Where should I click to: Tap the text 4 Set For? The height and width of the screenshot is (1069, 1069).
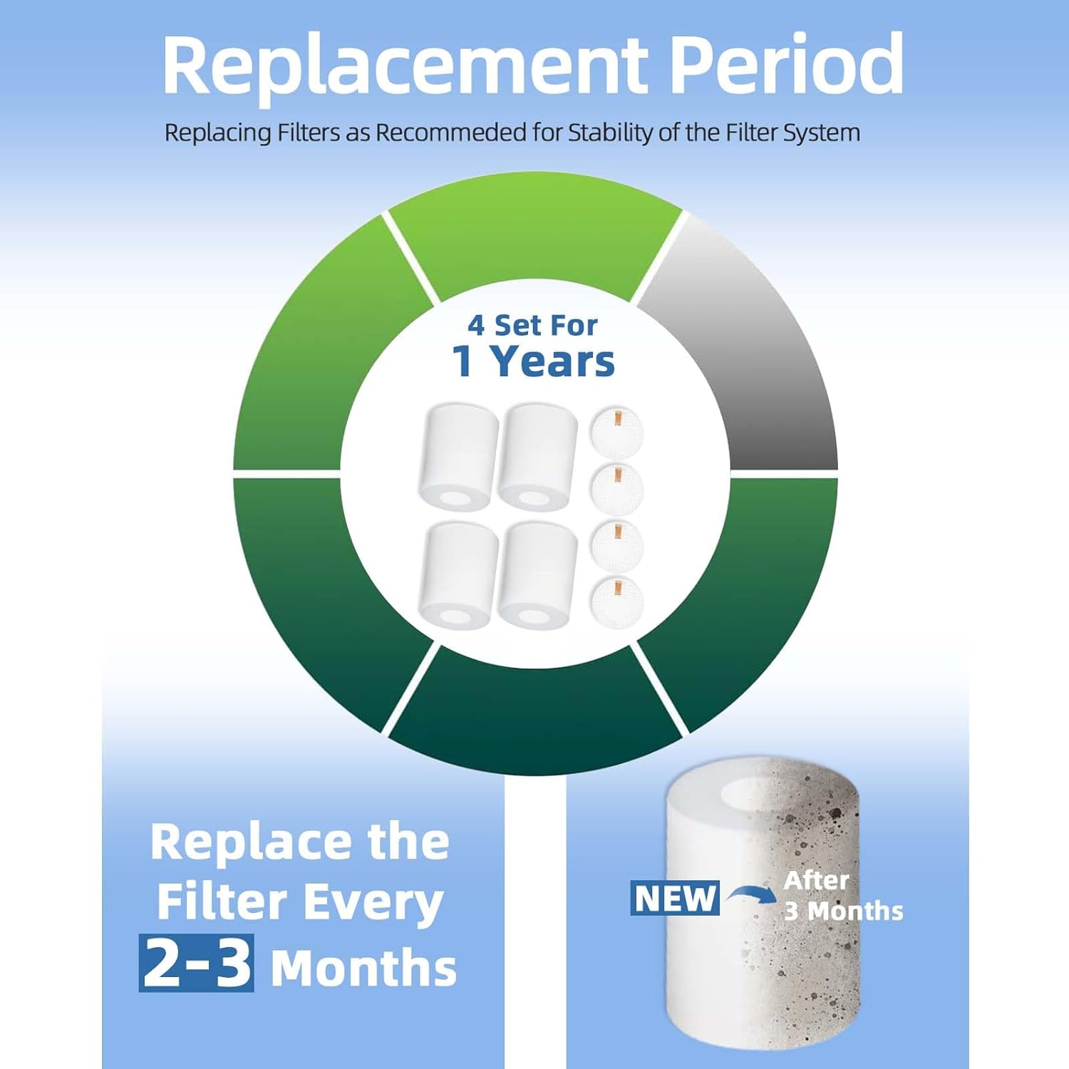pos(532,325)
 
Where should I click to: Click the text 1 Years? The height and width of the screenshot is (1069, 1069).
pos(533,361)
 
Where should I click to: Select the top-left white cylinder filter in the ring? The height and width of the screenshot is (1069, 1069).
pos(458,457)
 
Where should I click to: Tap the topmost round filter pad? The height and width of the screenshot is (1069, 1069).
pos(616,432)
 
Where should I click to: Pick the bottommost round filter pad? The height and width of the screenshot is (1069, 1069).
pos(616,603)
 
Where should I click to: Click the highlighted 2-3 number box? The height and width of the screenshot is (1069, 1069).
pos(196,963)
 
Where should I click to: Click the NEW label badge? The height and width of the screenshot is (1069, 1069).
pos(675,898)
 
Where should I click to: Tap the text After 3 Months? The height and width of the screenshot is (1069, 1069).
pos(843,896)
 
